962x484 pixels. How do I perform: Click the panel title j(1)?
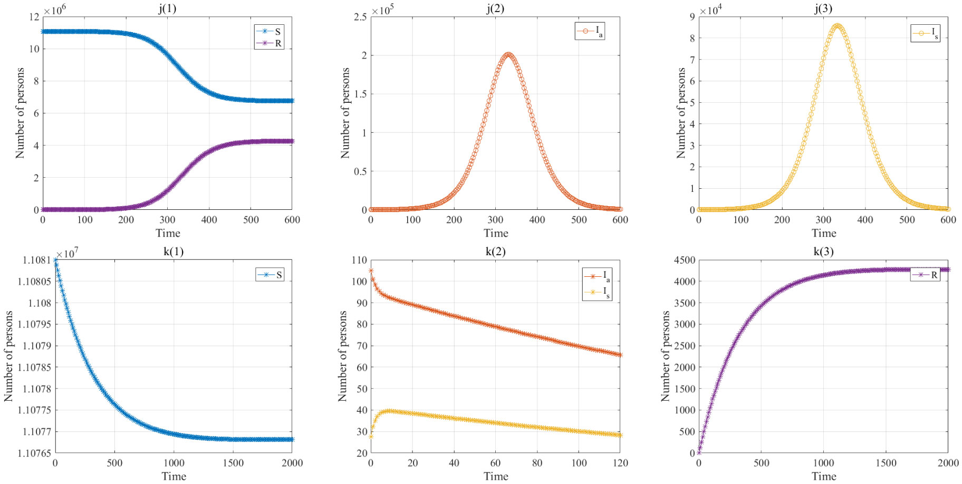click(167, 8)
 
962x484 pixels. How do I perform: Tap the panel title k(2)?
click(495, 251)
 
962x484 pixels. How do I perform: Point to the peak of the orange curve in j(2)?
click(508, 54)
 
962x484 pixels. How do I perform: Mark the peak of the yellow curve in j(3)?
click(837, 25)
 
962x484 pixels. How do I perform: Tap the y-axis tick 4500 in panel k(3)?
click(685, 260)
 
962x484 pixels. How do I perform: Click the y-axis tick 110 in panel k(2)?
click(359, 260)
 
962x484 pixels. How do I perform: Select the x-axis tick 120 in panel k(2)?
click(620, 463)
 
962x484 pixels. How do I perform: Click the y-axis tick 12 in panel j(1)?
click(34, 17)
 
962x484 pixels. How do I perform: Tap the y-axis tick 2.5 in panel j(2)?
click(360, 17)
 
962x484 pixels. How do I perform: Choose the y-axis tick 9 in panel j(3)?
click(692, 17)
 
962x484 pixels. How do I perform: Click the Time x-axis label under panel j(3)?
click(823, 233)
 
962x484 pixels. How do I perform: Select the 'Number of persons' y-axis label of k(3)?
click(666, 356)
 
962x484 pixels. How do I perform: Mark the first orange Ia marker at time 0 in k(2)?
click(371, 270)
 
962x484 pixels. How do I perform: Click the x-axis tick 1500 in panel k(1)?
click(233, 463)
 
